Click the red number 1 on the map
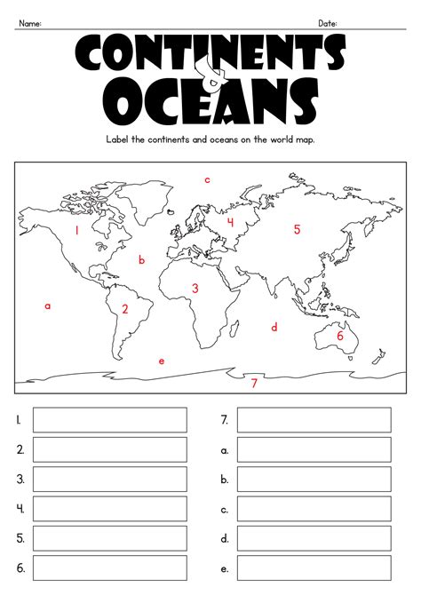77,230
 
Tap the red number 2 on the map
125,309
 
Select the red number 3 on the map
195,288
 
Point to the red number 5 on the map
298,229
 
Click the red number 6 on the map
339,336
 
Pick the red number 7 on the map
254,384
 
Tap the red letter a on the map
48,306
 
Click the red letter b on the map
141,260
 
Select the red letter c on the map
207,180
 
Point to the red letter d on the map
274,328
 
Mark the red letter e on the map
161,361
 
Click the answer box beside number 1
110,420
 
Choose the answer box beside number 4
110,509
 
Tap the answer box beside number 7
314,420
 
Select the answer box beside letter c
314,509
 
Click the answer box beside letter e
314,567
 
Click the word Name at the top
31,23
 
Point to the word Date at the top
328,23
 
